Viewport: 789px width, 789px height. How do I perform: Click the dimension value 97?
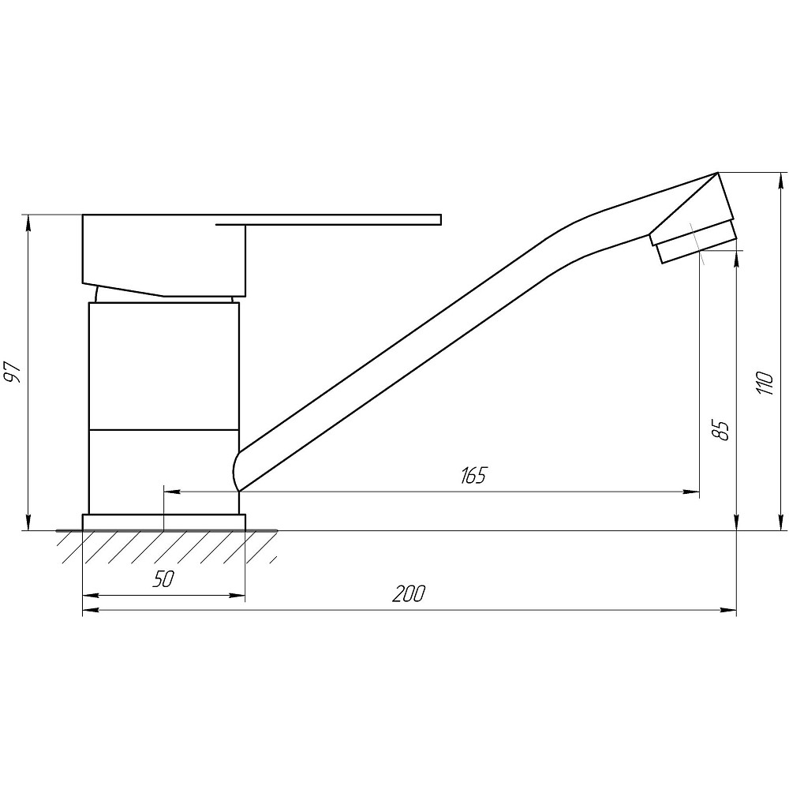(14, 372)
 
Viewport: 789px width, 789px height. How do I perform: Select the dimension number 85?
(722, 430)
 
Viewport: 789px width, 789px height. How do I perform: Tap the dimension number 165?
(473, 475)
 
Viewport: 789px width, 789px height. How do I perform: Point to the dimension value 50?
(163, 579)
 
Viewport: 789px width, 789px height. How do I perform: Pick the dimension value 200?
(409, 594)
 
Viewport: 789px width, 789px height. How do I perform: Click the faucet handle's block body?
(164, 255)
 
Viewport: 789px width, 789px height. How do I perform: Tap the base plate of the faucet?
(164, 522)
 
